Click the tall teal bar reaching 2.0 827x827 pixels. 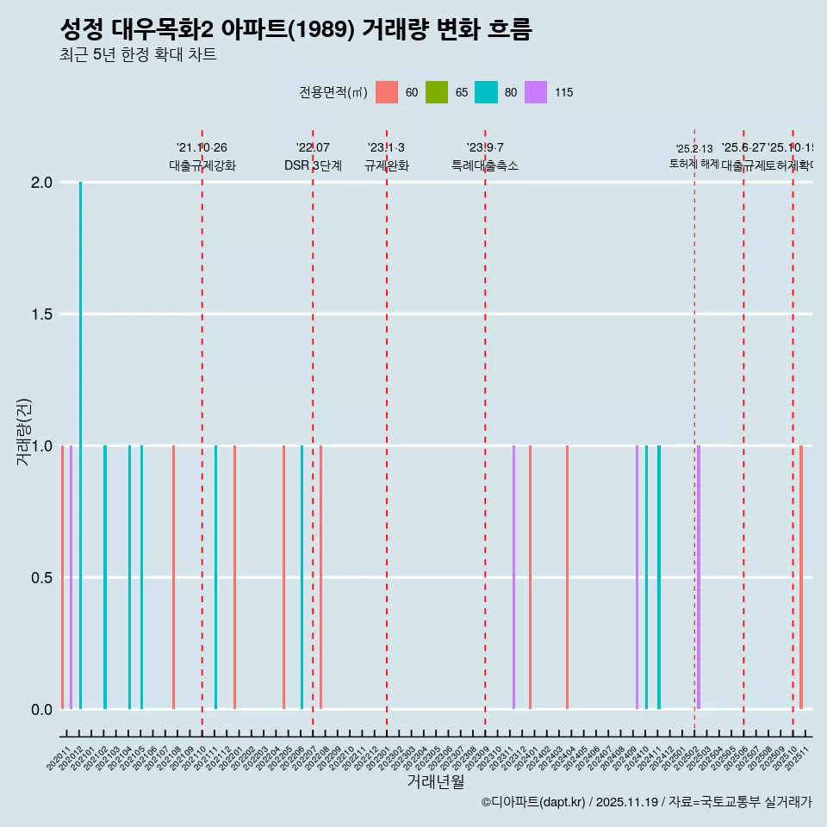click(x=80, y=445)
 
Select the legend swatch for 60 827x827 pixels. click(x=387, y=92)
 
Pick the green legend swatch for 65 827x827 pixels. click(x=437, y=92)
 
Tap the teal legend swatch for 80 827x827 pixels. click(x=486, y=92)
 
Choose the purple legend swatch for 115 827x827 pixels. click(x=536, y=92)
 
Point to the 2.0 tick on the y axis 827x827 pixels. click(x=43, y=183)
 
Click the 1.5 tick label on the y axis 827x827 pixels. click(x=43, y=314)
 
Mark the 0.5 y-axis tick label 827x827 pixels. click(x=43, y=578)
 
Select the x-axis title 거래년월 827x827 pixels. click(x=435, y=782)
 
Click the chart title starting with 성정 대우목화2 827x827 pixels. click(x=295, y=29)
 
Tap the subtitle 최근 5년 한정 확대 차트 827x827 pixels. click(x=138, y=55)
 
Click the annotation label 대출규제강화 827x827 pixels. click(x=202, y=166)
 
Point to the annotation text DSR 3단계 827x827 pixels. click(x=313, y=166)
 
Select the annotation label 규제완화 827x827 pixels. click(x=386, y=166)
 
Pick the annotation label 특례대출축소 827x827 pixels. click(x=484, y=166)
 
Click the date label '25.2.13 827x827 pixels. click(x=693, y=149)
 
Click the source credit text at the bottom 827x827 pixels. click(x=646, y=802)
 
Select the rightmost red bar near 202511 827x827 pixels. click(x=800, y=577)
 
